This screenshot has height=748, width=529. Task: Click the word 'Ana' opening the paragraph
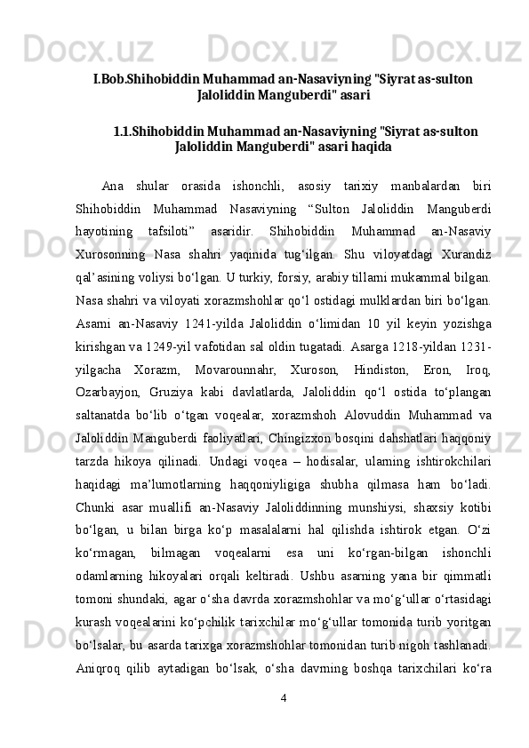point(113,186)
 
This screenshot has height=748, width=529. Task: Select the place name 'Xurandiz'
point(463,255)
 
